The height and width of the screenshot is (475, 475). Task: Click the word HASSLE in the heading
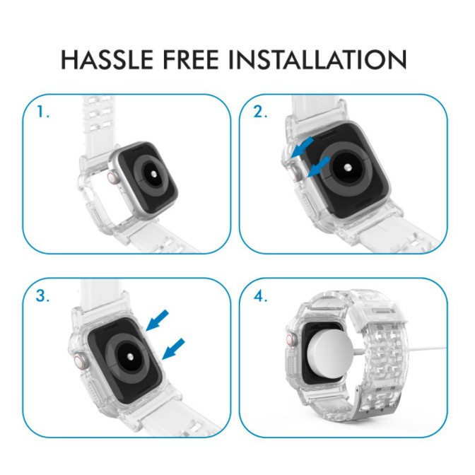pyautogui.click(x=107, y=59)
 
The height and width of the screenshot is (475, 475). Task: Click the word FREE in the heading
pyautogui.click(x=191, y=59)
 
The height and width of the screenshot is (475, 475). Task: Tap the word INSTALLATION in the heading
pyautogui.click(x=317, y=59)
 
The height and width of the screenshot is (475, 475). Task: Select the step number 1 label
pyautogui.click(x=42, y=112)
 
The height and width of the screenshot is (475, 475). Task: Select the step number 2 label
pyautogui.click(x=260, y=112)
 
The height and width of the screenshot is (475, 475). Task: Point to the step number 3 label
pyautogui.click(x=42, y=295)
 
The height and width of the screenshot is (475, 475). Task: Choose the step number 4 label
pyautogui.click(x=260, y=295)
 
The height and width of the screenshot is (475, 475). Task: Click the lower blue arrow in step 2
pyautogui.click(x=318, y=167)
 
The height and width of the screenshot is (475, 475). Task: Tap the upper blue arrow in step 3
pyautogui.click(x=157, y=320)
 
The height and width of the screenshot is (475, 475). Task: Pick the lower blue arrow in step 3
pyautogui.click(x=174, y=349)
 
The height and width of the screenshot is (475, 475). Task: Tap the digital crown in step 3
pyautogui.click(x=79, y=362)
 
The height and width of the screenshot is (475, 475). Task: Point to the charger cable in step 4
pyautogui.click(x=400, y=351)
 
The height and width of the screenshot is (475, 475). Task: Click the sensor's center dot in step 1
pyautogui.click(x=154, y=174)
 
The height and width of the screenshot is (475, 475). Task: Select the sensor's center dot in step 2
pyautogui.click(x=348, y=167)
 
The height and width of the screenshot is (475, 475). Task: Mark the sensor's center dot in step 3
pyautogui.click(x=130, y=357)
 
